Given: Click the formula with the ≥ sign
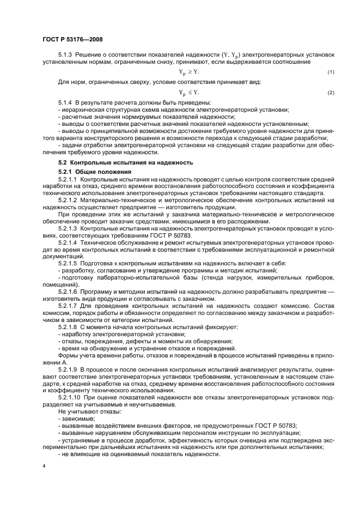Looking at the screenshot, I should click(189, 72).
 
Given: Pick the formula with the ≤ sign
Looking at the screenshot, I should click(189, 92).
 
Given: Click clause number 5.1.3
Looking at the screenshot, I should click(66, 56).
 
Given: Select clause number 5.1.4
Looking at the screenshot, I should click(66, 103).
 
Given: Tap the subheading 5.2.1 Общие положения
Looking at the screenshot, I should click(94, 172).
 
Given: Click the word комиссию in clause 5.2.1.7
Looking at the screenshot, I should click(285, 306).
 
